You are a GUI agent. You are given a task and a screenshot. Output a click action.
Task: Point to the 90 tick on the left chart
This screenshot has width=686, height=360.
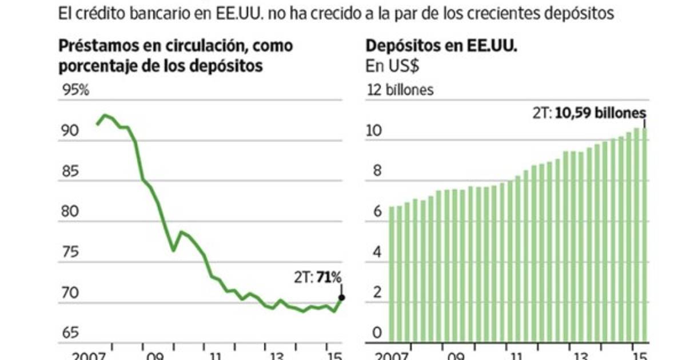70,131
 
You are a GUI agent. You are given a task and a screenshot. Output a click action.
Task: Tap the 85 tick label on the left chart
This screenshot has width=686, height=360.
70,172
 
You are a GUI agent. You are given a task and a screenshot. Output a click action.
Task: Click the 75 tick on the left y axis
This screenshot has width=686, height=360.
70,253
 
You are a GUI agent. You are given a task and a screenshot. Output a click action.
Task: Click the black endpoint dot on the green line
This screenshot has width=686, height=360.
341,297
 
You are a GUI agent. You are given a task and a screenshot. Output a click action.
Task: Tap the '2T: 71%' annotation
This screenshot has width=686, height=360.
317,278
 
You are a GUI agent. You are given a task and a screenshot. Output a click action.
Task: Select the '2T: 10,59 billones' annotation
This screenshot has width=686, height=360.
589,113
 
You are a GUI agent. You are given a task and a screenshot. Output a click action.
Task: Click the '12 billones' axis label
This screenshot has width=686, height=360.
400,90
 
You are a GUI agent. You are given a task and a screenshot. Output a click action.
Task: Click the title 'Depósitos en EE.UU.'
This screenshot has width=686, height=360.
441,47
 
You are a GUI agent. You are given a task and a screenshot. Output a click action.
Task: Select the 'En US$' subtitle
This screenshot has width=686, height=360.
393,66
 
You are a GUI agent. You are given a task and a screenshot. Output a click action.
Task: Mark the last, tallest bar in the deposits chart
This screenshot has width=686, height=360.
644,234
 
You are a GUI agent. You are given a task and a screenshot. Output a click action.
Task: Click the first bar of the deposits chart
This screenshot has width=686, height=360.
392,274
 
